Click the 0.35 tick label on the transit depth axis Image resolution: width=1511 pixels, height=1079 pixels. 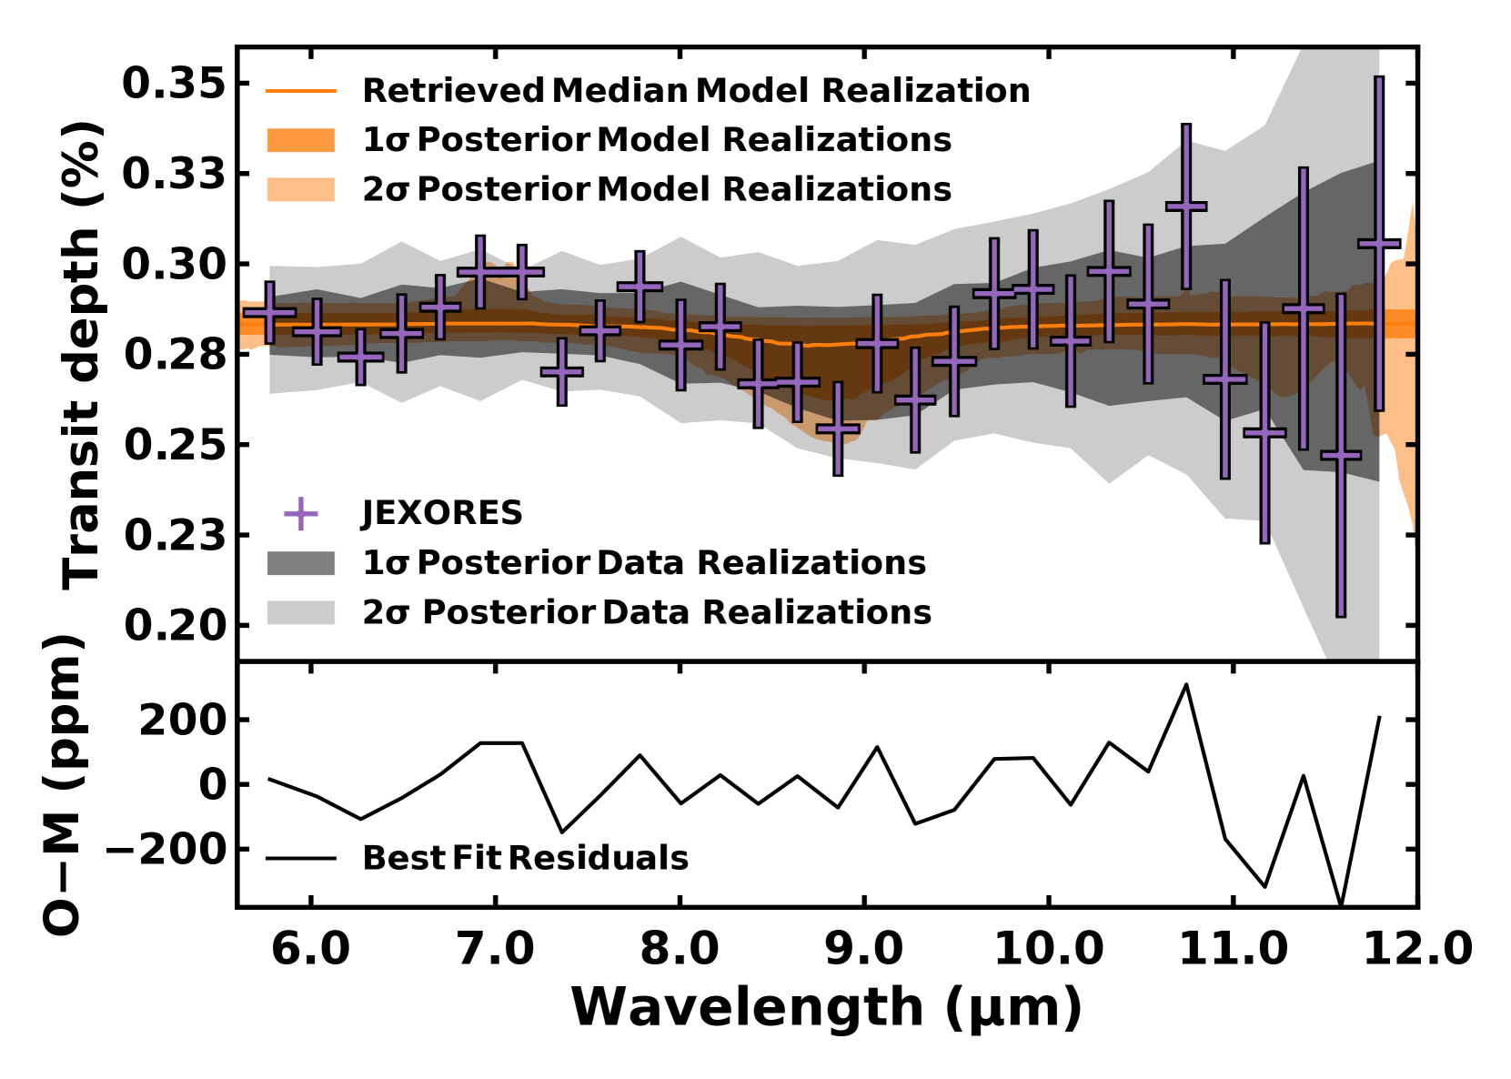point(174,84)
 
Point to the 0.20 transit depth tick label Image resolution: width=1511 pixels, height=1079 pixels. point(174,626)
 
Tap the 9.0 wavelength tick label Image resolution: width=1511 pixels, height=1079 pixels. point(862,949)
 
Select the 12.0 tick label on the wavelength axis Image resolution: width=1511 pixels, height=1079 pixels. point(1417,949)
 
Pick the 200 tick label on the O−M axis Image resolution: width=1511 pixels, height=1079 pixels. point(182,720)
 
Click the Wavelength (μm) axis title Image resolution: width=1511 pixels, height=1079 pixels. point(826,1008)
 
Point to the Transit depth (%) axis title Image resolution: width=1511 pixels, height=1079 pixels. point(82,355)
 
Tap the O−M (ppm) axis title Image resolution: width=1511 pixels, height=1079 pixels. point(64,784)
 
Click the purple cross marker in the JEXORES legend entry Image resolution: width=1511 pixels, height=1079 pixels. point(301,513)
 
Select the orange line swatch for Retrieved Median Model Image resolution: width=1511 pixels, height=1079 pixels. point(301,91)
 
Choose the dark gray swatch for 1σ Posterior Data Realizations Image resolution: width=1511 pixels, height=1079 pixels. point(301,563)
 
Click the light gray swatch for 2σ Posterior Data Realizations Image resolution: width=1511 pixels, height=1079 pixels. point(301,612)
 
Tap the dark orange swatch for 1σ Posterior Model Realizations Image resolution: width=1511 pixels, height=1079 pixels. point(301,140)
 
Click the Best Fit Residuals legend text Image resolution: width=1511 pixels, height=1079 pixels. point(525,858)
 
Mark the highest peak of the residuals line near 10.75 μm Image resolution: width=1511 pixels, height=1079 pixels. point(1185,684)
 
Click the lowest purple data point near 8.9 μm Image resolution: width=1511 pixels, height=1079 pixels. point(838,428)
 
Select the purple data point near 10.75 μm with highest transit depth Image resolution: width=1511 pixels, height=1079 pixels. point(1185,207)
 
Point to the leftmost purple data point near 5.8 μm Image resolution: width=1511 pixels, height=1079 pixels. point(269,312)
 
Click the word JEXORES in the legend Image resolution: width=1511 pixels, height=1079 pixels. point(442,513)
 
